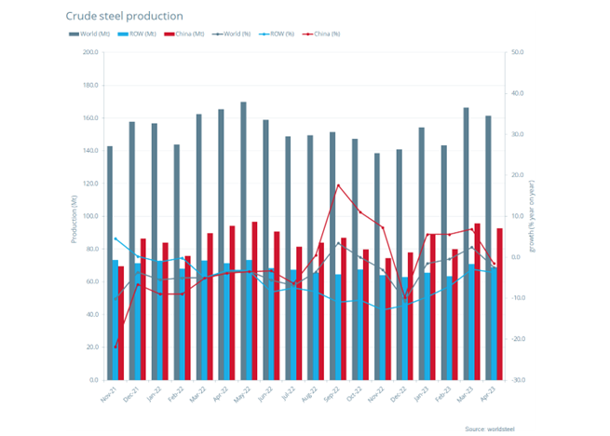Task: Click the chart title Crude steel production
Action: (124, 16)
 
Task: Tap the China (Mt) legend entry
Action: (185, 34)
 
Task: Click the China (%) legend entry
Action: (320, 34)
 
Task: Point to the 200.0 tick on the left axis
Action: (90, 52)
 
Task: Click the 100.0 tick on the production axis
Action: (90, 216)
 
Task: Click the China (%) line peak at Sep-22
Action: (338, 185)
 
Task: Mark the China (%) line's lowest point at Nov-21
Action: (115, 347)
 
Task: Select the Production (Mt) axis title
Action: (73, 216)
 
